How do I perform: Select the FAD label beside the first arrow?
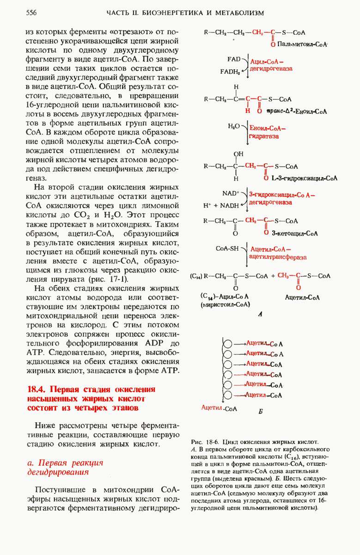tap(234, 60)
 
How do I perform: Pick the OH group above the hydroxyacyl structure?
tap(238, 154)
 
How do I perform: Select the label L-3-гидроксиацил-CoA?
tap(305, 178)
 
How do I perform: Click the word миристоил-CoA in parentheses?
tap(219, 305)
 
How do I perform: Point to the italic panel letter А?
tap(260, 314)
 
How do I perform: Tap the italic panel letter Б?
tap(261, 411)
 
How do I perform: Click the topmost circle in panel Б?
tap(228, 344)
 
